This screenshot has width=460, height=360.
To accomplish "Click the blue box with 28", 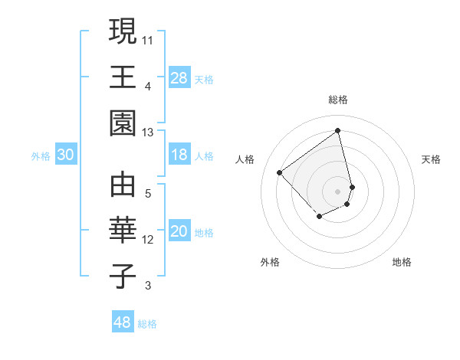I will point(179,77).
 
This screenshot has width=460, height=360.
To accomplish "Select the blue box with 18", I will point(179,155).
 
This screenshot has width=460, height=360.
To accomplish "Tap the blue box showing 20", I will point(179,231).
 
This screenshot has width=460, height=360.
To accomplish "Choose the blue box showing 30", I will point(65,155).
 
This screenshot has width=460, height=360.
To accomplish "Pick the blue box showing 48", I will point(123,322).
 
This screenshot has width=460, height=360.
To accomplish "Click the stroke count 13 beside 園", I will point(147,133).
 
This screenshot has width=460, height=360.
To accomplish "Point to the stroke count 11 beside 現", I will point(147,38).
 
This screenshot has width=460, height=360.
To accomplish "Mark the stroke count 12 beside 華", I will point(148,240).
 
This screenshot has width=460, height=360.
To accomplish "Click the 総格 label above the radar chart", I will point(338,100).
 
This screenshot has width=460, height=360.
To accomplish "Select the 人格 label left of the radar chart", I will point(245,159).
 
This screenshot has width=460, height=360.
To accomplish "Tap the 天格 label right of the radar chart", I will point(432,159).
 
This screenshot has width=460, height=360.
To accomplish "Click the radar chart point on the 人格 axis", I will point(280,173).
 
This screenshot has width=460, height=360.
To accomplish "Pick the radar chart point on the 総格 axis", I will point(338,130).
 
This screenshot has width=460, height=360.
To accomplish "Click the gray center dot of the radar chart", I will point(338,191).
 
